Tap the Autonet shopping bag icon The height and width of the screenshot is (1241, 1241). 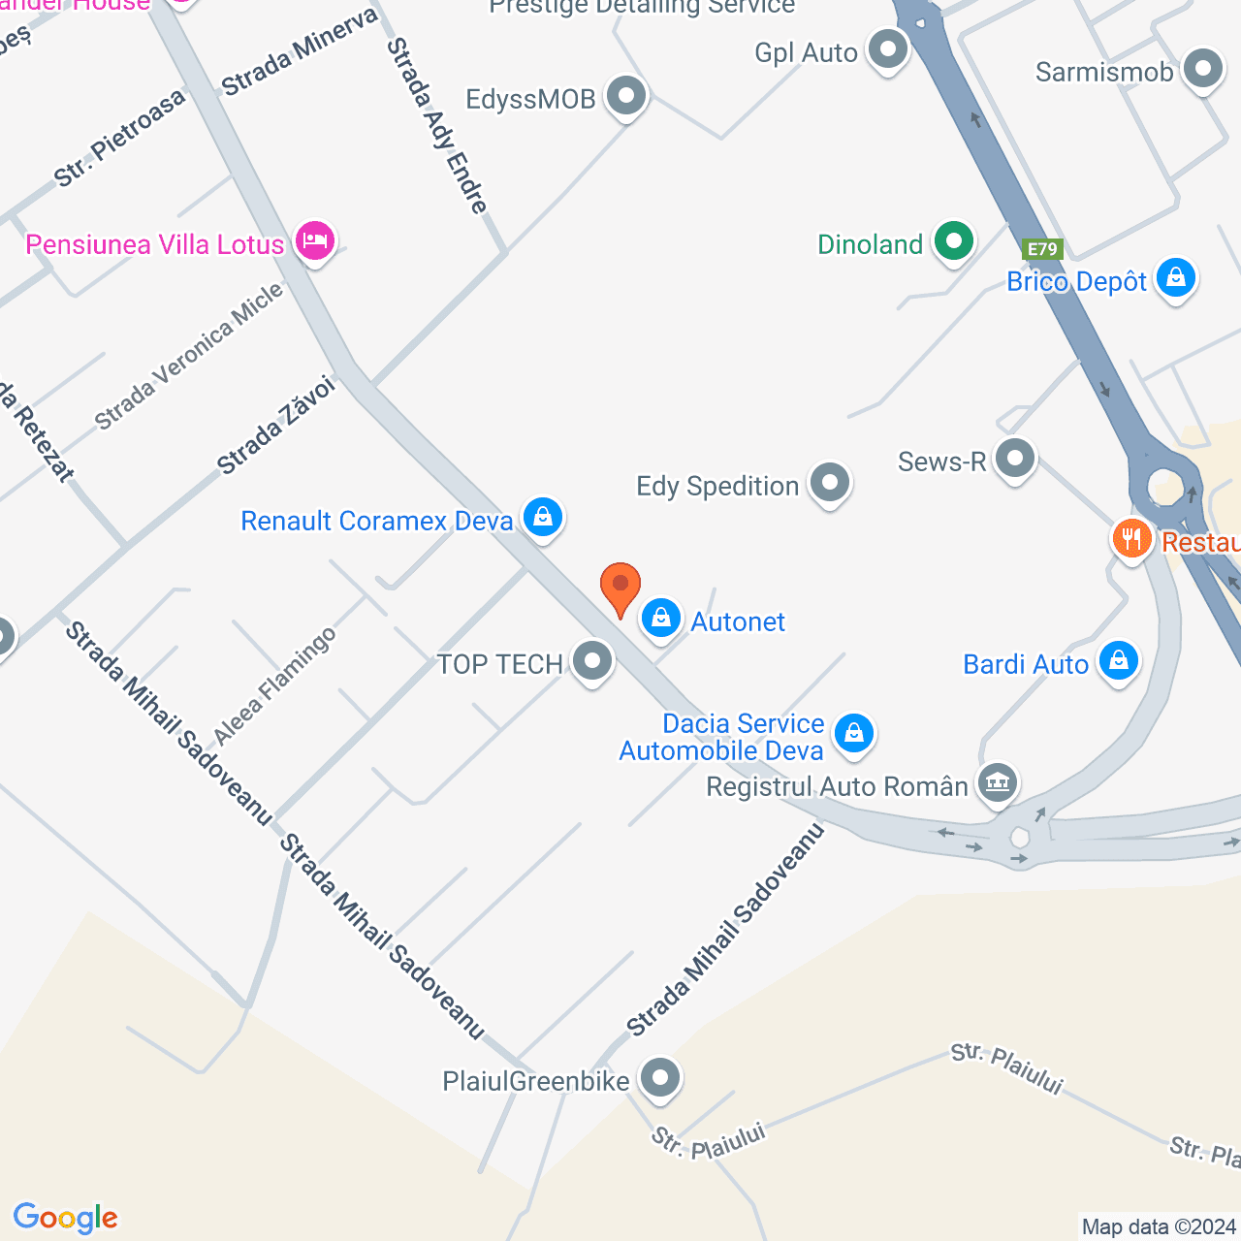pyautogui.click(x=661, y=618)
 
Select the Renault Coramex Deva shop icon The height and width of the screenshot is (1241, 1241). pyautogui.click(x=543, y=517)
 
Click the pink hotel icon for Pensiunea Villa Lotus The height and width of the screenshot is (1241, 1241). pyautogui.click(x=314, y=240)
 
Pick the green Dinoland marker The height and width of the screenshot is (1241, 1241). pyautogui.click(x=954, y=240)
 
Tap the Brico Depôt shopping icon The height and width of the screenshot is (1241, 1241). pyautogui.click(x=1176, y=278)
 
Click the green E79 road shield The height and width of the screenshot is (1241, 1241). pyautogui.click(x=1042, y=249)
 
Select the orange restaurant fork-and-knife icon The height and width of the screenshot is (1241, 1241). pyautogui.click(x=1131, y=538)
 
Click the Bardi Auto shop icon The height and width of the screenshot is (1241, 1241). pyautogui.click(x=1119, y=661)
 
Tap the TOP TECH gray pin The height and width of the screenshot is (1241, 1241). pyautogui.click(x=592, y=661)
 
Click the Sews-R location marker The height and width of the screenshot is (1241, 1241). pyautogui.click(x=1015, y=459)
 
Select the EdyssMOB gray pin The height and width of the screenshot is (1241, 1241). pyautogui.click(x=626, y=96)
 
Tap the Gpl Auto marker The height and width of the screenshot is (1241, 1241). pyautogui.click(x=888, y=49)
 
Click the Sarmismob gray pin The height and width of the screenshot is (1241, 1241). pyautogui.click(x=1203, y=69)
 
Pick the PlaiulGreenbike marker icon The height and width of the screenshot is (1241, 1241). pyautogui.click(x=660, y=1078)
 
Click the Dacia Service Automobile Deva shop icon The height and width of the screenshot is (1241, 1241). pyautogui.click(x=853, y=734)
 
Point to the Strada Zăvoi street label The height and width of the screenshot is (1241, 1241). pyautogui.click(x=275, y=426)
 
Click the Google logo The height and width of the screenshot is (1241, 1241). pyautogui.click(x=65, y=1218)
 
